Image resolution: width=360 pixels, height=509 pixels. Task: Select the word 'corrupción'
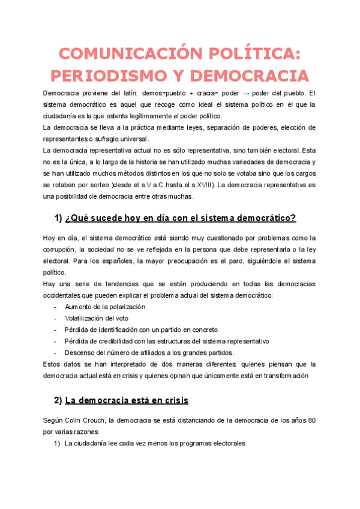coord(58,249)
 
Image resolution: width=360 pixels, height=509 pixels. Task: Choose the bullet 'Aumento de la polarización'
coord(104,307)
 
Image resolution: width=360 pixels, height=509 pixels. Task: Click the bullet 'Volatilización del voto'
coord(96,318)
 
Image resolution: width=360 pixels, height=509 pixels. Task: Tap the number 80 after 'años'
coord(311,420)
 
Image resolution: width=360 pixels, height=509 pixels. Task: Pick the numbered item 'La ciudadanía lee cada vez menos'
coord(155,444)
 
